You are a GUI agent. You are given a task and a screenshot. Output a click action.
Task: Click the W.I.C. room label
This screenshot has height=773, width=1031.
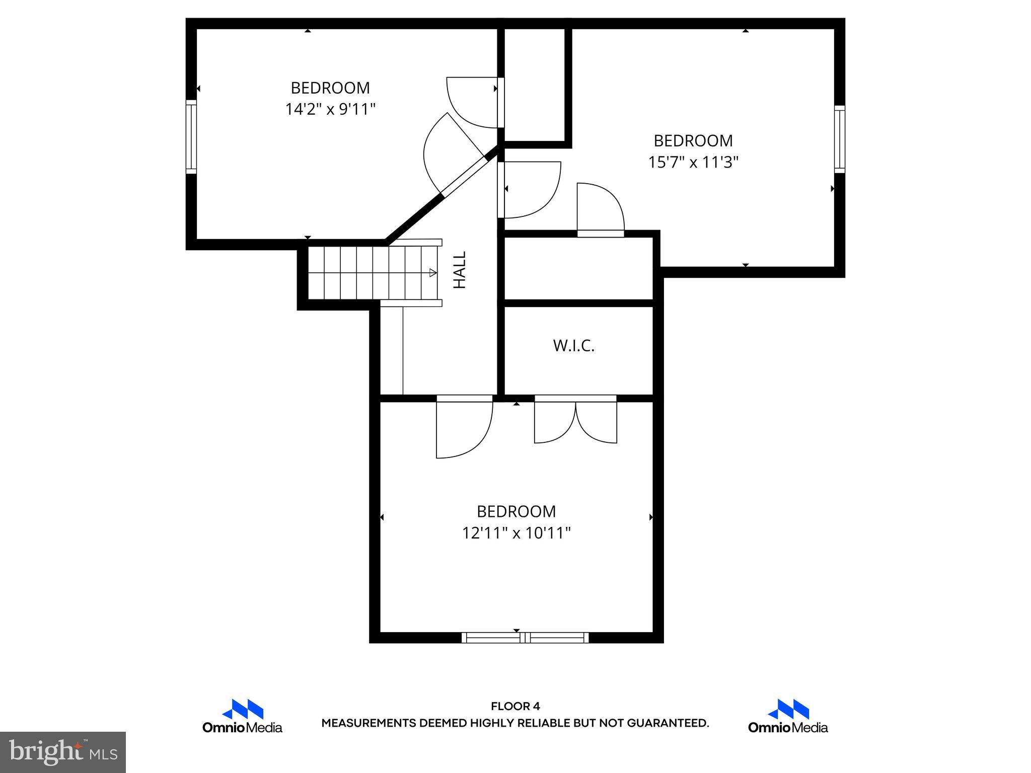[573, 346]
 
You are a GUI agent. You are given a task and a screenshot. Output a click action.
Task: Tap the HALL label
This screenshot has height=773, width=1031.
[460, 270]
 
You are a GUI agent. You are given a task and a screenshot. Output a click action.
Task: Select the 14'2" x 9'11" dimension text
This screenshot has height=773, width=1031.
[330, 109]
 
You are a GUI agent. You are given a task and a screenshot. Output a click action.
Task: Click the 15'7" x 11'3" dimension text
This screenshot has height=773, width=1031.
[693, 162]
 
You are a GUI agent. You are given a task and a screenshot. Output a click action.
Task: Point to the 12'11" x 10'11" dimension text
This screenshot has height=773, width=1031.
[516, 533]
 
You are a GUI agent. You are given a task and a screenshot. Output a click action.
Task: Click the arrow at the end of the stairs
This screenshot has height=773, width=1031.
[432, 273]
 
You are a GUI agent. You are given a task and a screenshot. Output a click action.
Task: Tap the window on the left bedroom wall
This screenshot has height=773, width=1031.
[191, 136]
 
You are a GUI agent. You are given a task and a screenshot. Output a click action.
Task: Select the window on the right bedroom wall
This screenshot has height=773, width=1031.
[839, 139]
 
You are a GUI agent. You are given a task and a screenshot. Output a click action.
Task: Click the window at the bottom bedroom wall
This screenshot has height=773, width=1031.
[525, 638]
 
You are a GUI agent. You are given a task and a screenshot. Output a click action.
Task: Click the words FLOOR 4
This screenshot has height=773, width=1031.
[515, 707]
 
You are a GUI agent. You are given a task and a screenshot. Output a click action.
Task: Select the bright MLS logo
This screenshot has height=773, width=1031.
[63, 752]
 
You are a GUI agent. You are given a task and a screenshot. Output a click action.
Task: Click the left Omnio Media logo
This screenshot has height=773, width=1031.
[242, 716]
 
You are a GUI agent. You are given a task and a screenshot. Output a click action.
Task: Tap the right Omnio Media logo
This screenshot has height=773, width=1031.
[788, 716]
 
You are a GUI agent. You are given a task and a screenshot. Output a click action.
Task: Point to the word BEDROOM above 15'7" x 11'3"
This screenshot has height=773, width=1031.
[693, 140]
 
